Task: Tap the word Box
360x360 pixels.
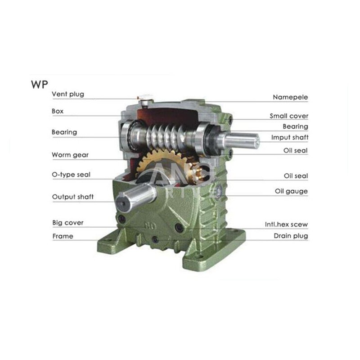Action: click(x=57, y=110)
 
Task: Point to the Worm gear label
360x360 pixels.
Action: click(x=70, y=155)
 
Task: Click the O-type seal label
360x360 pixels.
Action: click(x=71, y=175)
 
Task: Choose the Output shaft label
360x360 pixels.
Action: click(x=72, y=197)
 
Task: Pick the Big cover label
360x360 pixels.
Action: click(x=67, y=223)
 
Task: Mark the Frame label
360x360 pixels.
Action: click(x=63, y=236)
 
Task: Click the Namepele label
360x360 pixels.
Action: click(x=290, y=97)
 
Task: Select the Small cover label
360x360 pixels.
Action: click(x=288, y=116)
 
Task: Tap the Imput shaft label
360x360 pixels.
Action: click(x=289, y=137)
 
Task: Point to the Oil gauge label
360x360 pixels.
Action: click(x=291, y=191)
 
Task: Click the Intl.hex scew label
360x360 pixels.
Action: click(x=286, y=224)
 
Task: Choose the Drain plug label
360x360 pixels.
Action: click(x=291, y=236)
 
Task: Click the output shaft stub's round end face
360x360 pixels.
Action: click(x=123, y=203)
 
